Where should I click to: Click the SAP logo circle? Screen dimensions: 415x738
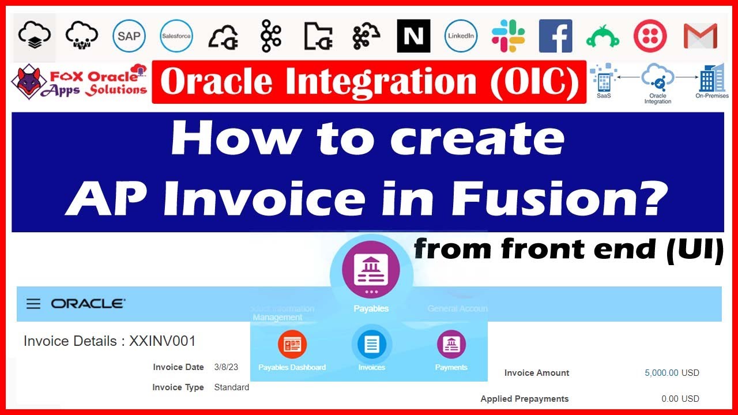click(129, 36)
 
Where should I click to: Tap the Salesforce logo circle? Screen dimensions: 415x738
click(176, 36)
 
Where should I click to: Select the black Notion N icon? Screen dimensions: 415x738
click(413, 36)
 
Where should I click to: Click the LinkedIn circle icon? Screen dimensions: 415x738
click(461, 36)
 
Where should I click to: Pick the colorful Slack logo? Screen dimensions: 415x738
click(509, 36)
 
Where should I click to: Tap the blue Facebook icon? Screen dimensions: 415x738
click(555, 36)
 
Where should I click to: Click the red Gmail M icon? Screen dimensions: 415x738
click(700, 36)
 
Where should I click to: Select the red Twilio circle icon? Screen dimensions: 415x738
click(650, 36)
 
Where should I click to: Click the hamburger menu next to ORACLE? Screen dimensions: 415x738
click(33, 304)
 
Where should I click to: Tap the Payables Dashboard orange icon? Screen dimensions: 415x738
click(292, 345)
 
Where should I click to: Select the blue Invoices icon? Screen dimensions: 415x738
click(371, 345)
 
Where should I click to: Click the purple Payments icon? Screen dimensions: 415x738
click(451, 345)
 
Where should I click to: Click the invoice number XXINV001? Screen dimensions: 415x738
click(162, 341)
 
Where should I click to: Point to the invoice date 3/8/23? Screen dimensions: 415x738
click(225, 367)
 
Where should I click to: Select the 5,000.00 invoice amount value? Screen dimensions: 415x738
click(661, 373)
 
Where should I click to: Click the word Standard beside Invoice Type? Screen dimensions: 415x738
click(231, 387)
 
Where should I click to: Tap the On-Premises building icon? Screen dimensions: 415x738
click(710, 79)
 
